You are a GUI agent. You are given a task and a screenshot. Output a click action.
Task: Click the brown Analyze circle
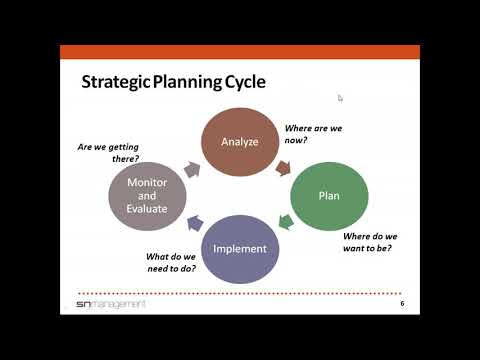(x=240, y=141)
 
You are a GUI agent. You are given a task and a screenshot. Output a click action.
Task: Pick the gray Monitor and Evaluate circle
(x=147, y=196)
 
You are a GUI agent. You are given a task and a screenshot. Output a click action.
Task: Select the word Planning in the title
(x=187, y=81)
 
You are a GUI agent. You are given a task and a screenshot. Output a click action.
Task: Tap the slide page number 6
(x=402, y=303)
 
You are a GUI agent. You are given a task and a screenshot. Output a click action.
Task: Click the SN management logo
(x=111, y=303)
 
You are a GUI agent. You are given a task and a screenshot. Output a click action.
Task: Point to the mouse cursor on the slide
(x=340, y=98)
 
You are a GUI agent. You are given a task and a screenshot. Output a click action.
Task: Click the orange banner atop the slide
(x=240, y=52)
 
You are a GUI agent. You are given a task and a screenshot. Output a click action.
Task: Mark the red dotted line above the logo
(x=240, y=293)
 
